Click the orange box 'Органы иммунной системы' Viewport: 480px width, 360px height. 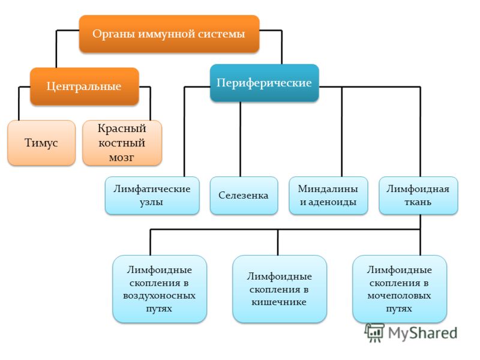169,34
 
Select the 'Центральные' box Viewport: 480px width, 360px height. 84,86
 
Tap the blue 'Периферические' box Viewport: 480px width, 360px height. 264,83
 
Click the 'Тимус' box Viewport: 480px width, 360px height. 41,143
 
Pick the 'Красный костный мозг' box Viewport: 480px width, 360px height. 122,143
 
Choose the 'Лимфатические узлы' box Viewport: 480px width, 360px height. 152,196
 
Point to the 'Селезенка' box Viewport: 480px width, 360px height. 244,196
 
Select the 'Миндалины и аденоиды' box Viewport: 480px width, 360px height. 328,196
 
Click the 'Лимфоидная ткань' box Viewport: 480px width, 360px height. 418,196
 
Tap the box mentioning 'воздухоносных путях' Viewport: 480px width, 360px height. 160,289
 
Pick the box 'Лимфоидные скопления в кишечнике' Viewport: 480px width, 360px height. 280,289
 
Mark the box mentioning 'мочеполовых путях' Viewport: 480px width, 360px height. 400,289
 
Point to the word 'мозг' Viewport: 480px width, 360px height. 122,158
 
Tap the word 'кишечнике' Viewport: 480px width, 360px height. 279,302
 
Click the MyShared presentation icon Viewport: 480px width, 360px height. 374,333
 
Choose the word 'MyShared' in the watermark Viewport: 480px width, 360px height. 422,333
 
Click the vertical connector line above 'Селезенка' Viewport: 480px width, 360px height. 241,139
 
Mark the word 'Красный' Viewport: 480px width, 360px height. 122,128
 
